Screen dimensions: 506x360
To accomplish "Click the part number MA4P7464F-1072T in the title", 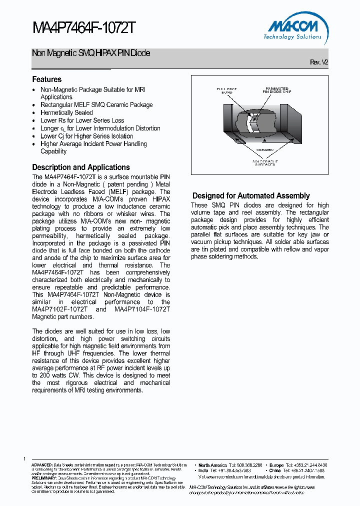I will (x=83, y=28).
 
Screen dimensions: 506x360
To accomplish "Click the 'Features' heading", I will (x=47, y=79).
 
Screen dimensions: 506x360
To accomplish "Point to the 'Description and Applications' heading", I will (x=81, y=167).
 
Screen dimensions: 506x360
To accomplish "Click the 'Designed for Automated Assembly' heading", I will (x=251, y=196).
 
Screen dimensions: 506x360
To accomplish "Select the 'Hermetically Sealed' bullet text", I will (x=66, y=112).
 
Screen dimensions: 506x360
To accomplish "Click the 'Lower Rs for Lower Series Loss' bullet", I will (x=82, y=120).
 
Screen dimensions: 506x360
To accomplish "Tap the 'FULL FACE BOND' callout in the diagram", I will (x=226, y=91).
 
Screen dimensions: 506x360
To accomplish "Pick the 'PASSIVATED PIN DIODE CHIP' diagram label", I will (x=276, y=91).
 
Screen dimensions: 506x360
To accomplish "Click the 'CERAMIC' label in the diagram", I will (x=264, y=149).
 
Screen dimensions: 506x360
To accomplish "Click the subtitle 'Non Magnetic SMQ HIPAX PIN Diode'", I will (x=90, y=53).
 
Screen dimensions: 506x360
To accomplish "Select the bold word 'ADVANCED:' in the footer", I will (x=42, y=465).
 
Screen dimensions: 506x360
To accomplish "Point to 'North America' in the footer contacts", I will (x=212, y=465).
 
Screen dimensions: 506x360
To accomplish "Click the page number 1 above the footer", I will (x=24, y=458).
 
